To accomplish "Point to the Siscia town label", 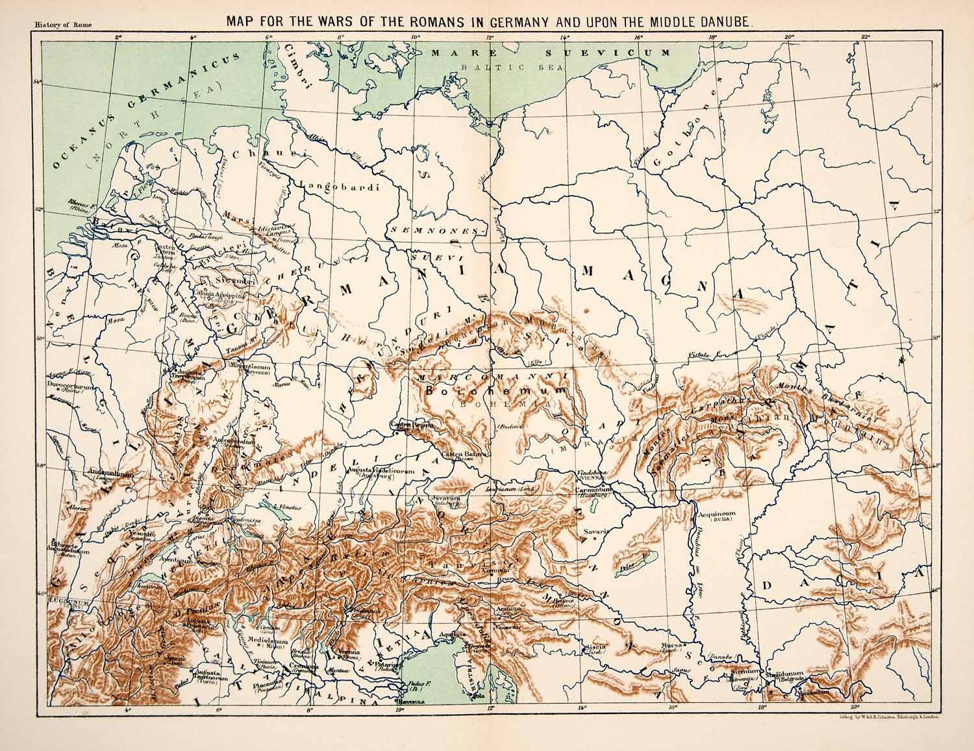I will point(596,648).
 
